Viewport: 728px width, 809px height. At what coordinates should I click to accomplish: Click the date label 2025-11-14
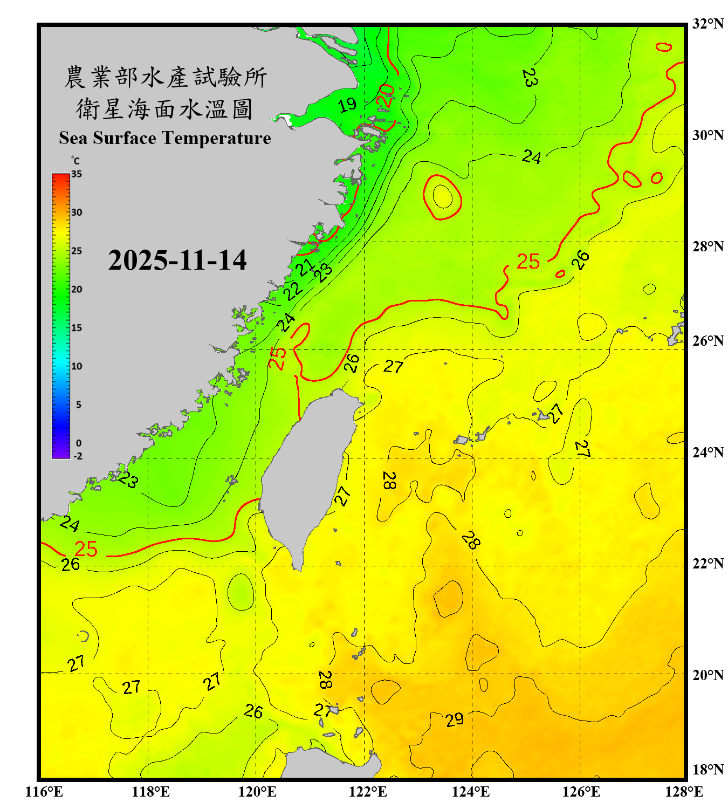click(x=177, y=260)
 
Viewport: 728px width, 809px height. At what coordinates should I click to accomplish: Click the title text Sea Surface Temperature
click(x=165, y=138)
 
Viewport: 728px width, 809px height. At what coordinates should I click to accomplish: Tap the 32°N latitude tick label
click(x=708, y=24)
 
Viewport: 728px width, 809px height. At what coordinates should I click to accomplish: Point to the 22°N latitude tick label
click(x=708, y=564)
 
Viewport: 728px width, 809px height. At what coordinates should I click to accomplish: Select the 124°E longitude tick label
click(x=471, y=792)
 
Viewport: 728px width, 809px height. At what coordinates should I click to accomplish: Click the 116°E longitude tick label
click(x=44, y=792)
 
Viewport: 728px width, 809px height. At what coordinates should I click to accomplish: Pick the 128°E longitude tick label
click(x=684, y=792)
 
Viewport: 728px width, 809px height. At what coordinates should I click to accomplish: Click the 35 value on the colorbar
click(x=77, y=174)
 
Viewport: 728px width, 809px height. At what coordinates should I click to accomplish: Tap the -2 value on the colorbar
click(x=78, y=456)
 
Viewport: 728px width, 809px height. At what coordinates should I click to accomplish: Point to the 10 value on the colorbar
click(x=77, y=366)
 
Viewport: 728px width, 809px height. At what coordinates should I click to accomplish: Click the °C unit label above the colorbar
click(x=75, y=161)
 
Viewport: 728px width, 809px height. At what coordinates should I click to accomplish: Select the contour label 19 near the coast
click(x=347, y=105)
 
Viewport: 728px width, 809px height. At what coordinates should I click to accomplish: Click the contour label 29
click(x=455, y=719)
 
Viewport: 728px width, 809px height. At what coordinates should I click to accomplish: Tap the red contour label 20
click(x=386, y=95)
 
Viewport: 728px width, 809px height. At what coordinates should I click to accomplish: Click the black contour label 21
click(x=306, y=266)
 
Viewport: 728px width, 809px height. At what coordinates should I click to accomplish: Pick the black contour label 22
click(x=293, y=291)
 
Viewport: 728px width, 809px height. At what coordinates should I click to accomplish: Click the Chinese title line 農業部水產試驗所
click(x=165, y=77)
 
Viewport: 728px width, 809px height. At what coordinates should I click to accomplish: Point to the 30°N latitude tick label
click(x=708, y=135)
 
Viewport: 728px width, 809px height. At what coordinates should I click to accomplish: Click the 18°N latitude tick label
click(x=708, y=770)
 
